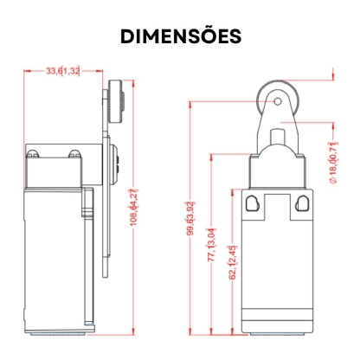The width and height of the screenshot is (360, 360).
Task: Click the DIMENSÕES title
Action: (181, 35)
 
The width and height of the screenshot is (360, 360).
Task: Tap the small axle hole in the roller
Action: (278, 101)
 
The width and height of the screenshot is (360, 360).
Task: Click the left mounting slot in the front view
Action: (252, 203)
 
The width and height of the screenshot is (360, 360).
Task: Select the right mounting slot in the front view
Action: (302, 203)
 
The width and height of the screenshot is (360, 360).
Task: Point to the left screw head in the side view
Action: (33, 154)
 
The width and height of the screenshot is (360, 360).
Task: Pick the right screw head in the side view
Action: (74, 154)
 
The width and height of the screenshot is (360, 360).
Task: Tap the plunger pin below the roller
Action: (278, 138)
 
